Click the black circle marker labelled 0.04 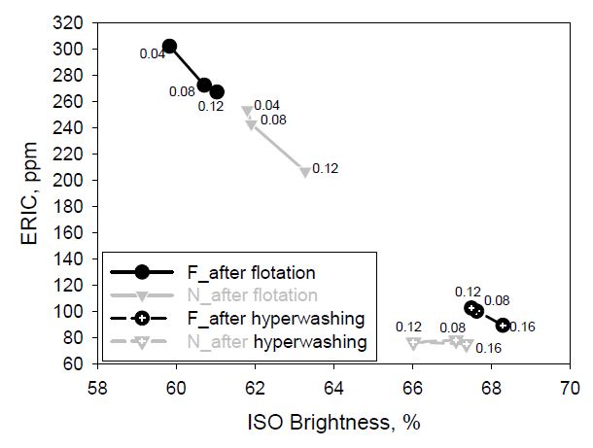point(169,47)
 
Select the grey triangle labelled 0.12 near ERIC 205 point(305,172)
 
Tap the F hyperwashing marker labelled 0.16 point(502,325)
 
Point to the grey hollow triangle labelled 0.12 point(413,343)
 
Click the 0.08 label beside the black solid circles point(182,91)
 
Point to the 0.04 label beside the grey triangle point(267,106)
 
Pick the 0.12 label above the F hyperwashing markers point(468,292)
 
